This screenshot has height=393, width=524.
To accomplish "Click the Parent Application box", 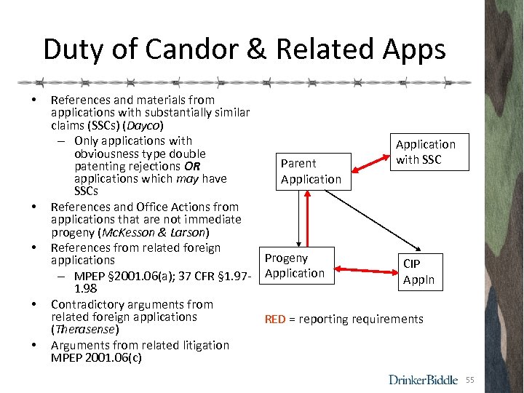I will click(x=311, y=172).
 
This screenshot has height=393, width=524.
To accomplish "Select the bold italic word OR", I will click(x=193, y=166).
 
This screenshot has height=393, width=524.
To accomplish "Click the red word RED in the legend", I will click(x=275, y=319).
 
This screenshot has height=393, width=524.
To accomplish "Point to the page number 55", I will click(x=469, y=380).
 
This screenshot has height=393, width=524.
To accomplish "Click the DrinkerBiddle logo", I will click(x=423, y=379).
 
